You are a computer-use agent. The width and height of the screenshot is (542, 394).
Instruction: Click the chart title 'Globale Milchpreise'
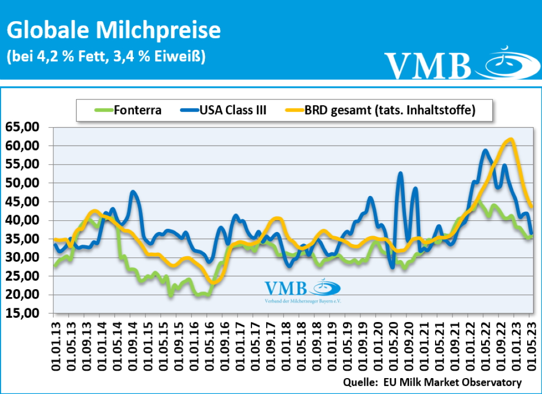tap(113, 30)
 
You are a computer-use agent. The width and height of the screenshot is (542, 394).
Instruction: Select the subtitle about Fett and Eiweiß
tap(106, 56)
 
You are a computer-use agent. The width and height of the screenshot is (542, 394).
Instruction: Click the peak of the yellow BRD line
tap(510, 139)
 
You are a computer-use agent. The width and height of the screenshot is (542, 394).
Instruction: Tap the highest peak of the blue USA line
tap(485, 150)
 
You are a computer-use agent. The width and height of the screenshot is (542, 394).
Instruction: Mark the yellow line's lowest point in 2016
tap(213, 282)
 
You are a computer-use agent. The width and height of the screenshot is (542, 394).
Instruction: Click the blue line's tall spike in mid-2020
tap(401, 173)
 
